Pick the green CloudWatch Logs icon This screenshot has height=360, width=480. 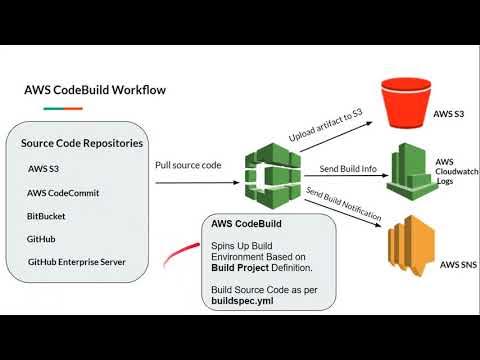[408, 173]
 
